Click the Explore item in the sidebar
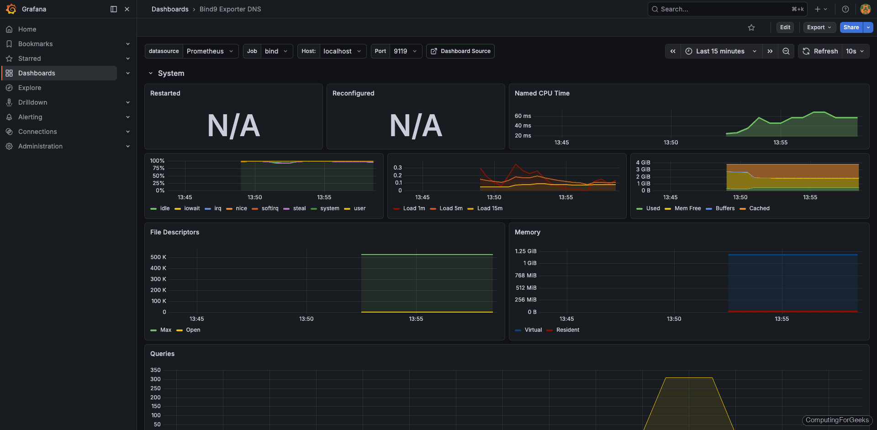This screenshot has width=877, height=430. [30, 88]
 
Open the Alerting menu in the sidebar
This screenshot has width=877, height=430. [30, 117]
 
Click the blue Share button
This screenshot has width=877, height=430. [851, 27]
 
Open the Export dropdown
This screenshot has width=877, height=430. [819, 27]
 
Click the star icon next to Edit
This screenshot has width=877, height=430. [751, 27]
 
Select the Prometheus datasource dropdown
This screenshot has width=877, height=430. [210, 51]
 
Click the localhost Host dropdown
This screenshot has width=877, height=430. [342, 51]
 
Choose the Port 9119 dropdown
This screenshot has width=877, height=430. [405, 51]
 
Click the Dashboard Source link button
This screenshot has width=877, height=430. [460, 51]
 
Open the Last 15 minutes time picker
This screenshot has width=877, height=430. [720, 51]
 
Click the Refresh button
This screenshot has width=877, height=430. [820, 51]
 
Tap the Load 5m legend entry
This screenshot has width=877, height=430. [450, 208]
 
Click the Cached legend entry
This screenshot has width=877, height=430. [759, 208]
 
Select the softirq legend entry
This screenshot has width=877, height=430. [269, 208]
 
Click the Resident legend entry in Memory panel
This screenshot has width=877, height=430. [567, 330]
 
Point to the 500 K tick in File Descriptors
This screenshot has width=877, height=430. [158, 257]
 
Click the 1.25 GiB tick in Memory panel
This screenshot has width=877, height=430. [525, 251]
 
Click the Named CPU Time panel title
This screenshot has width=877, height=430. [542, 93]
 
